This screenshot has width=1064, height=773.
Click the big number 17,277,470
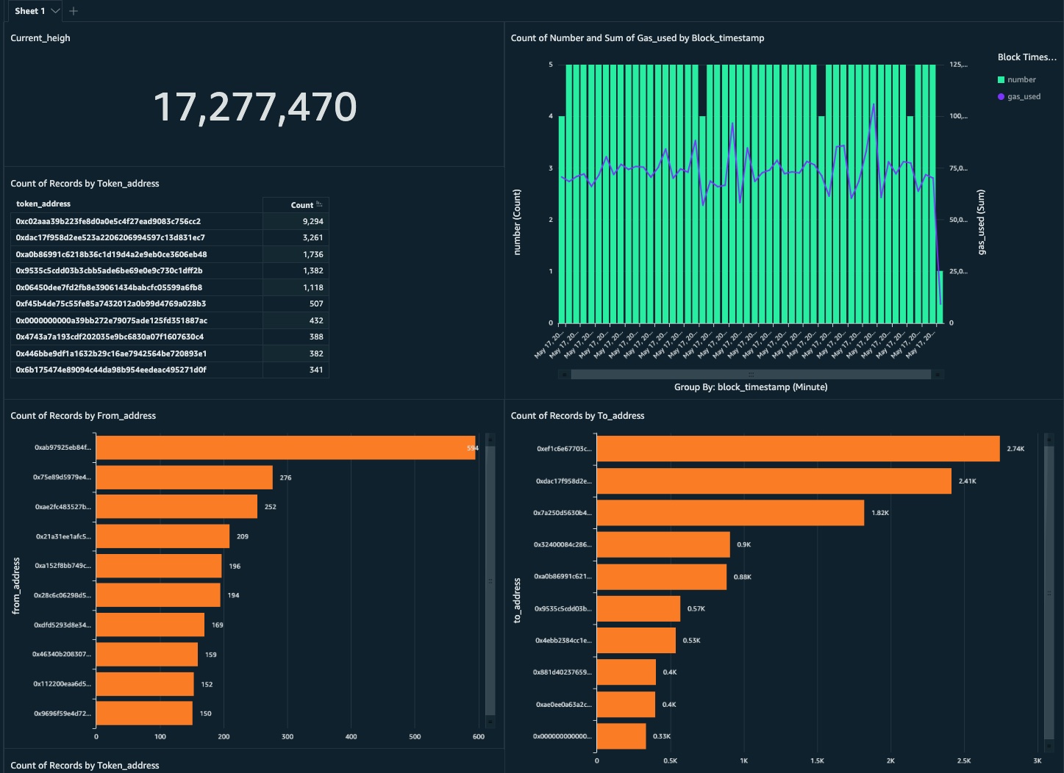[x=254, y=107]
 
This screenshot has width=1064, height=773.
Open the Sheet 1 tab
[x=30, y=11]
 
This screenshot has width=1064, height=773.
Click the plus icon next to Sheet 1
[x=74, y=11]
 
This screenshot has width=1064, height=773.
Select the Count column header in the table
[x=302, y=205]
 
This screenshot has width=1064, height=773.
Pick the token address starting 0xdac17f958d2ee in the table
[x=110, y=237]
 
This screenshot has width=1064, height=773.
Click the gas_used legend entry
[x=1024, y=96]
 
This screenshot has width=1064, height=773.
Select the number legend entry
[x=1021, y=79]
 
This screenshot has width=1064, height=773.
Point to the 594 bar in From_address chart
[x=285, y=447]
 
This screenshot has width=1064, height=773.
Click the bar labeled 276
[x=184, y=478]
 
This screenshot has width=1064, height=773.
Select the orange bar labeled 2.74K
[x=798, y=449]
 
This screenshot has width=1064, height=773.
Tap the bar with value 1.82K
[x=730, y=513]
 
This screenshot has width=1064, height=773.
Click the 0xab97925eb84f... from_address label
[x=63, y=447]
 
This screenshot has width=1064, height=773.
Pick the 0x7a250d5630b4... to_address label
[x=563, y=513]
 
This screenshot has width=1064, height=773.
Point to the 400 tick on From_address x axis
[x=351, y=736]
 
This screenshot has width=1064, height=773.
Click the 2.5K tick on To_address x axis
[x=964, y=761]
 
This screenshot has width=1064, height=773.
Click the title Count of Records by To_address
[x=577, y=416]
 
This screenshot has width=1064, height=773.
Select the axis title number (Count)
[x=517, y=222]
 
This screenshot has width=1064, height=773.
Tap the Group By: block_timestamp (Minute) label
[x=751, y=387]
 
